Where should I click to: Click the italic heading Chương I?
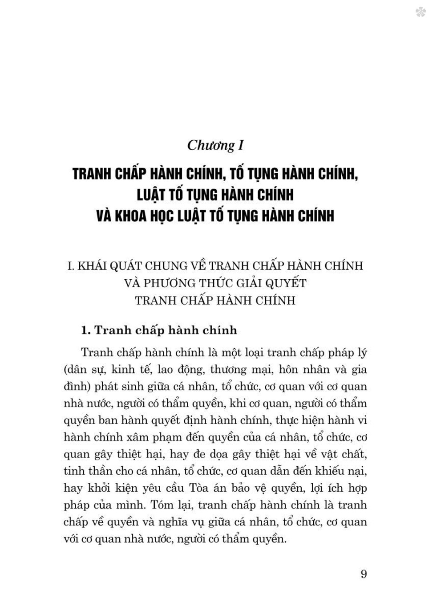tap(215, 146)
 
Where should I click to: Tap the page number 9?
tap(364, 574)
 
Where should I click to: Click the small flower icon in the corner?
tap(421, 12)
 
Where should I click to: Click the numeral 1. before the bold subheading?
tap(86, 330)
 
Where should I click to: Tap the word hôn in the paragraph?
tap(293, 370)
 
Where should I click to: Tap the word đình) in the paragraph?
tap(77, 387)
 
